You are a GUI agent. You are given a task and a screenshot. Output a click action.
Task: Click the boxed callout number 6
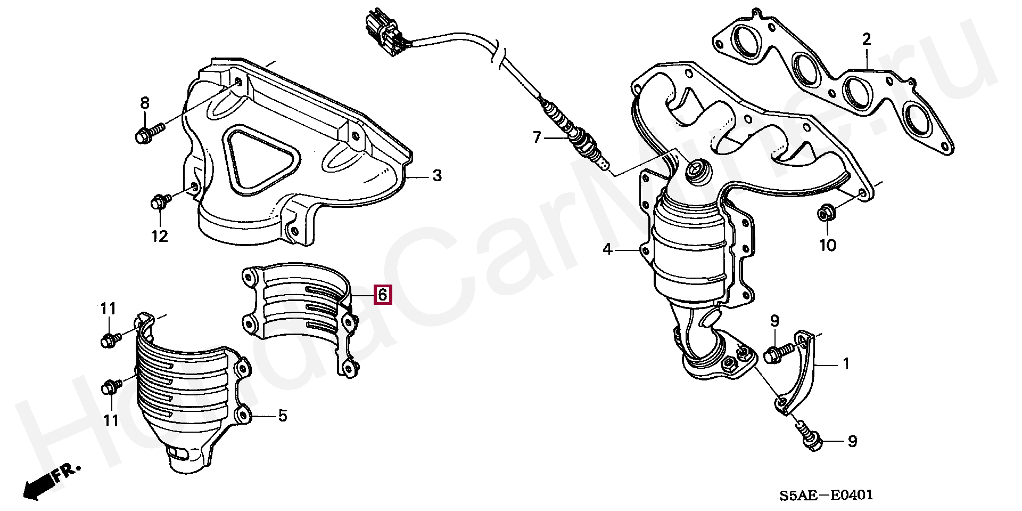(383, 294)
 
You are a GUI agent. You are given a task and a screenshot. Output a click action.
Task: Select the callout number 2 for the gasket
(867, 39)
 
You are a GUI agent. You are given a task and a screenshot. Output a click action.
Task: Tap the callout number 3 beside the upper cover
(437, 175)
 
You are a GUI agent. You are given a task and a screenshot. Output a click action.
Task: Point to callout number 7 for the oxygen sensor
(537, 138)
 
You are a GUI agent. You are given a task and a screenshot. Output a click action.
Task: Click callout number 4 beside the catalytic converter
(607, 249)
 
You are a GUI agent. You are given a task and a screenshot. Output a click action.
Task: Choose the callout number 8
(145, 103)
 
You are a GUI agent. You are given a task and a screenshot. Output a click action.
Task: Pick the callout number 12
(160, 236)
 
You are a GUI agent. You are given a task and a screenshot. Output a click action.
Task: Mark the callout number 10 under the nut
(828, 245)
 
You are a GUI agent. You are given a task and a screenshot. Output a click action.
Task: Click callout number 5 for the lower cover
(283, 416)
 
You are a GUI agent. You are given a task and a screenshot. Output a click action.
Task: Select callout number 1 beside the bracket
(846, 364)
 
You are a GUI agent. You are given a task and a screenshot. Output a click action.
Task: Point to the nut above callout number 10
(826, 213)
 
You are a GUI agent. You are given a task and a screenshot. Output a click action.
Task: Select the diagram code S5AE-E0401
(827, 495)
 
